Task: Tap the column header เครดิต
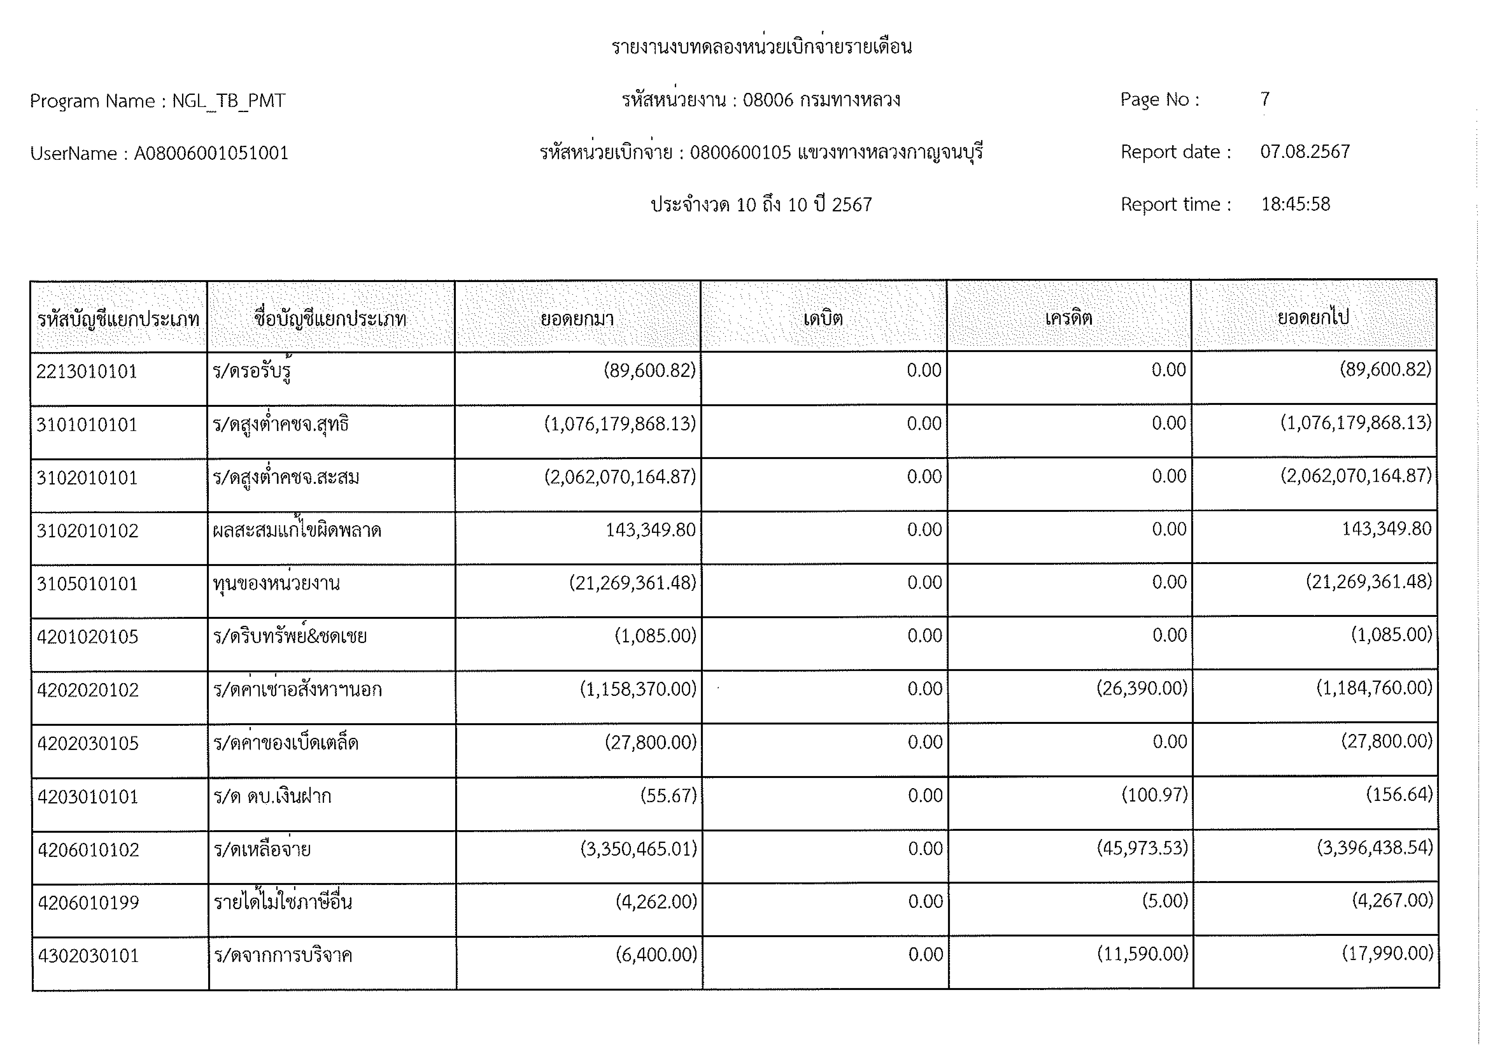[x=1068, y=318]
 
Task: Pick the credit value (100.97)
[x=1154, y=795]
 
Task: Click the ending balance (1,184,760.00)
[x=1374, y=688]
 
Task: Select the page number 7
[x=1265, y=99]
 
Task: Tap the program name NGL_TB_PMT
[x=228, y=101]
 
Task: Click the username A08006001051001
[x=211, y=154]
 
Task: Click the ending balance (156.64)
[x=1399, y=794]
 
